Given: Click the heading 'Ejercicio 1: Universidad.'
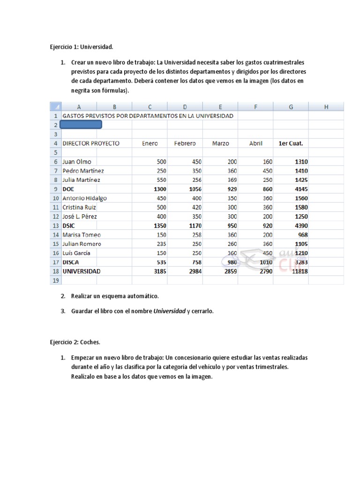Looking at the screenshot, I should [82, 47].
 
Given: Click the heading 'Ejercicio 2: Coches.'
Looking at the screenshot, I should [75, 342].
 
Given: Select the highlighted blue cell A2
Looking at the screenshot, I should [81, 125].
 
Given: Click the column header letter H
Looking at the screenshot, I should [326, 107].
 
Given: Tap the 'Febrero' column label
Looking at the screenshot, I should [185, 143].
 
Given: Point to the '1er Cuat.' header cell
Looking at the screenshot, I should [291, 143].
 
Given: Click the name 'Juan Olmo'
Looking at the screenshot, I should [77, 162].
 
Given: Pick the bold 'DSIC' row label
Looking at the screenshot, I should [70, 225].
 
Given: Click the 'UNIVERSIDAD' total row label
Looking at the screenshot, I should [82, 271].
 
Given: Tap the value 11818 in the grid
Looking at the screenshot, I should [299, 271].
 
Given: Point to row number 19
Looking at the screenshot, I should [55, 280].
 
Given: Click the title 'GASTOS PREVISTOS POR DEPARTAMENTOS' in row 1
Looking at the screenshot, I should [148, 116].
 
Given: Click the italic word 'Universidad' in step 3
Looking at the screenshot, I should [169, 311].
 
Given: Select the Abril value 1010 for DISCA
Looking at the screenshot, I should [266, 262].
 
